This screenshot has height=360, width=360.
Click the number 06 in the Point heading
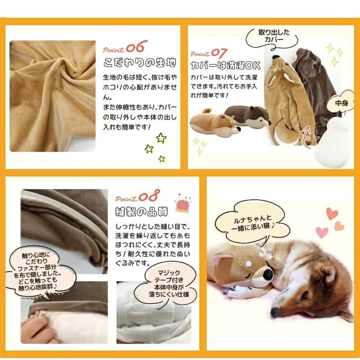tap(136, 46)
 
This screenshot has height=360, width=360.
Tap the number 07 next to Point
tap(219, 53)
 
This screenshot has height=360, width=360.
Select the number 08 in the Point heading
tap(149, 196)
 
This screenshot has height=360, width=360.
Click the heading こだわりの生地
tap(139, 63)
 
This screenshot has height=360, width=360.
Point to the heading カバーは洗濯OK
tap(225, 66)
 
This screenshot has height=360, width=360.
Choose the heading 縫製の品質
tap(141, 212)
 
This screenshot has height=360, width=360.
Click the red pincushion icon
tap(183, 203)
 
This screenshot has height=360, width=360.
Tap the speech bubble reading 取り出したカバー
tap(272, 38)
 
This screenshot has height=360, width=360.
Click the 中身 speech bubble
tap(341, 103)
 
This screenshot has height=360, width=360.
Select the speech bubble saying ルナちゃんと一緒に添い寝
tap(253, 223)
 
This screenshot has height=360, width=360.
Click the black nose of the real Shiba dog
tap(274, 313)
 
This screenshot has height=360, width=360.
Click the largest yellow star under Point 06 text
tap(161, 138)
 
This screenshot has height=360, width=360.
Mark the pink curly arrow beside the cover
tap(307, 137)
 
